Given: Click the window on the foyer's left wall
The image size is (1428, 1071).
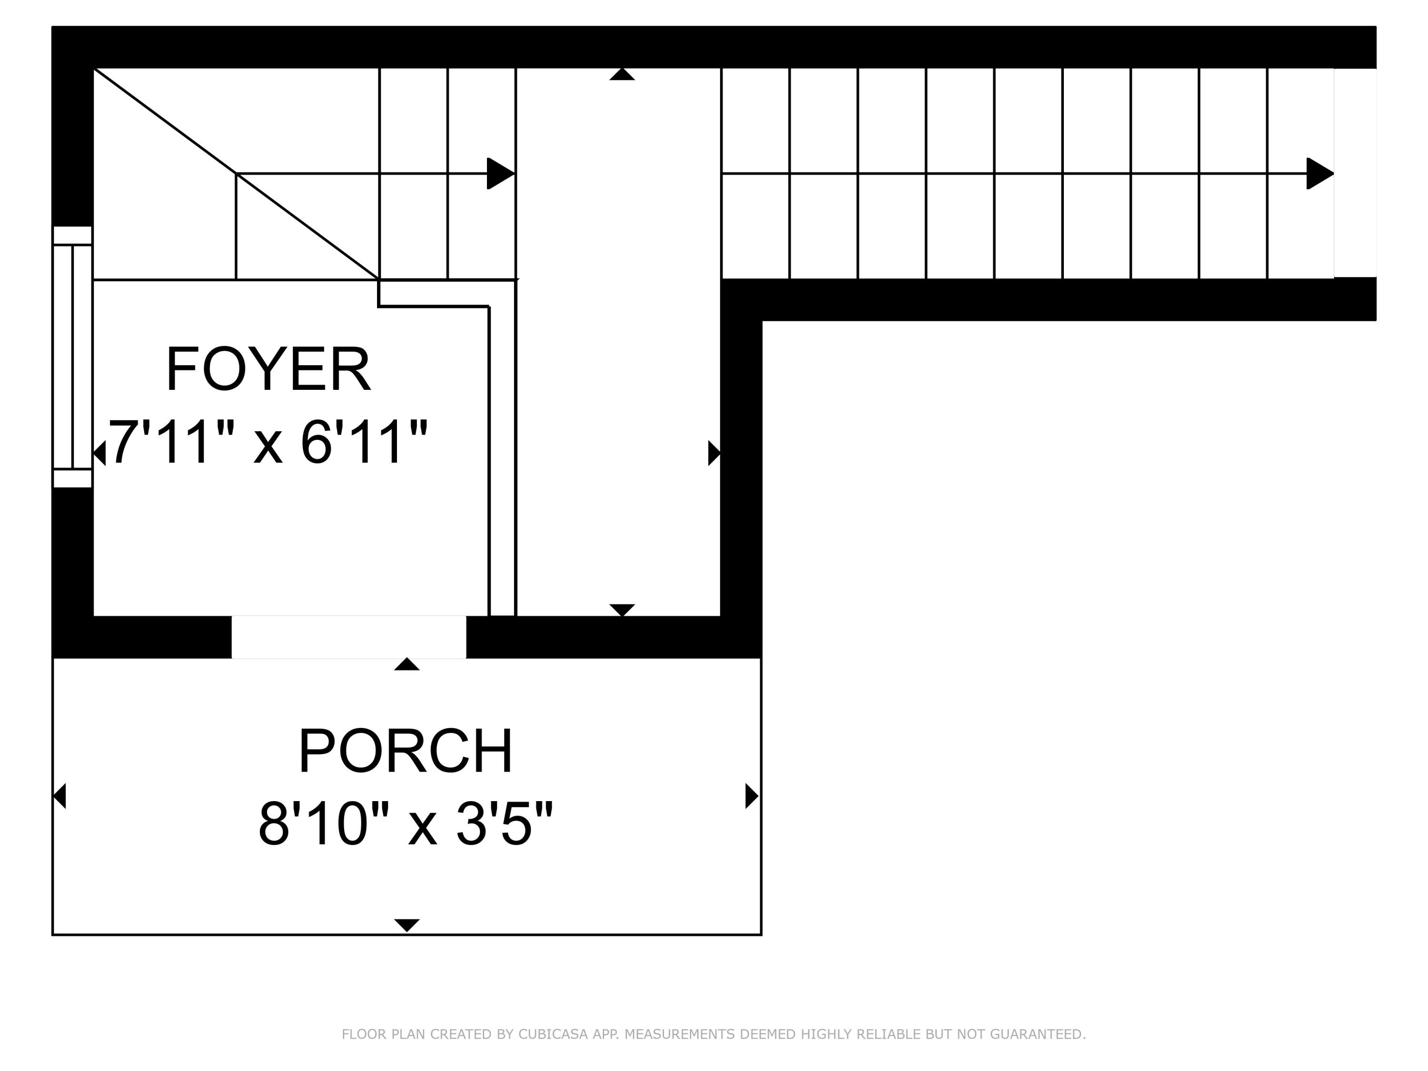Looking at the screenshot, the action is pos(72,357).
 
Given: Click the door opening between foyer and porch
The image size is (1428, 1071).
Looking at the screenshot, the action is pos(348,637).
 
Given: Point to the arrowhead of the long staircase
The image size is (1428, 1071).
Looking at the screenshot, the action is pos(1320,174).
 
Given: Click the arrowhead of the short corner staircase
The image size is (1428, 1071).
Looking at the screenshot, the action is pos(500,174).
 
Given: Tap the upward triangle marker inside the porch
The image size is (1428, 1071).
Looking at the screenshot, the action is pos(407,664).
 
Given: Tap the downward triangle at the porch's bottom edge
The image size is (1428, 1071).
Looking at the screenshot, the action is pos(407,925).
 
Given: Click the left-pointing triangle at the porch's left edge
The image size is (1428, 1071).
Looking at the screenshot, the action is pos(59,795).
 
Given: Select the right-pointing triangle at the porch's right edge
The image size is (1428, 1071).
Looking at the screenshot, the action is pos(752,795).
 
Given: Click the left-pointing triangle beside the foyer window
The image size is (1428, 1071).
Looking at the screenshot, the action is pos(99,453).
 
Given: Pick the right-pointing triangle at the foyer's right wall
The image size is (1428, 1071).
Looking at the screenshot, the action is pos(714,453).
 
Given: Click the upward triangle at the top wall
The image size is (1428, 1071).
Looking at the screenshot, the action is pos(622,74).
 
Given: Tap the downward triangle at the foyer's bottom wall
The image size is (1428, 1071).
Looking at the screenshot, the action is pos(622,610).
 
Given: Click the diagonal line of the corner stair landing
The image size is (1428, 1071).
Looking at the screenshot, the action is pos(236,174).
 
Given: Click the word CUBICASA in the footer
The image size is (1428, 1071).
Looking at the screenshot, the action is pos(553,1034).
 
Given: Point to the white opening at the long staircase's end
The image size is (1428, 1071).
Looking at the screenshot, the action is pos(1355,173).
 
